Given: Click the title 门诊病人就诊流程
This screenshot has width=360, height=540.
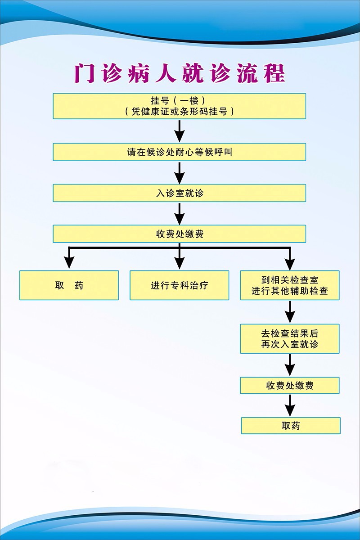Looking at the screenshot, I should click(180, 74).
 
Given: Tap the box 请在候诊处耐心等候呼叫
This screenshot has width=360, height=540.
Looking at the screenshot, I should click(180, 152).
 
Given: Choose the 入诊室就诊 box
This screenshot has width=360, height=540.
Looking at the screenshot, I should click(180, 193).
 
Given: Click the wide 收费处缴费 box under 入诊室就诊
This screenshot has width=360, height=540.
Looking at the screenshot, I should click(180, 234).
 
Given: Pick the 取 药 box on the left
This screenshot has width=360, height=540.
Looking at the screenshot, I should click(69, 285).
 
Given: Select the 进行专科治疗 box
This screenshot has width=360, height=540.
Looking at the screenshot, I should click(180, 285).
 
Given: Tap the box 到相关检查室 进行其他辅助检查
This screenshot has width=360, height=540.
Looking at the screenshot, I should click(290, 285).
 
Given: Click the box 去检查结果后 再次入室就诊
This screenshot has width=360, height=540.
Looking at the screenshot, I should click(290, 339).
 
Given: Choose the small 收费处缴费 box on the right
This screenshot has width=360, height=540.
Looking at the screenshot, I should click(290, 386).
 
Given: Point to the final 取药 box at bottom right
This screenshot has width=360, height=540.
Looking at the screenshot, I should click(291, 426).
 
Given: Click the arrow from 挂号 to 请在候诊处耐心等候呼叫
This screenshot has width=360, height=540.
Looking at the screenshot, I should click(180, 131).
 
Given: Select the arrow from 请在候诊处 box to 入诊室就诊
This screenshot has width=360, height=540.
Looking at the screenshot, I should click(180, 172).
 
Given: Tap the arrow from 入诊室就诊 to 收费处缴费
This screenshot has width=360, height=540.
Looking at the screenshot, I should click(180, 213).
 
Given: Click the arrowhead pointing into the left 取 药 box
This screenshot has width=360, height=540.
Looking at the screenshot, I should click(69, 262).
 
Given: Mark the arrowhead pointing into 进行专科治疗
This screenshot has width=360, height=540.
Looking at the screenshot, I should click(180, 262).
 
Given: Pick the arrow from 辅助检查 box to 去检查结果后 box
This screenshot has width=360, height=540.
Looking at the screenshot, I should click(290, 312).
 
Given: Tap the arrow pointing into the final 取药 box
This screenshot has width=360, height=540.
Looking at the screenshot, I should click(290, 406).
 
